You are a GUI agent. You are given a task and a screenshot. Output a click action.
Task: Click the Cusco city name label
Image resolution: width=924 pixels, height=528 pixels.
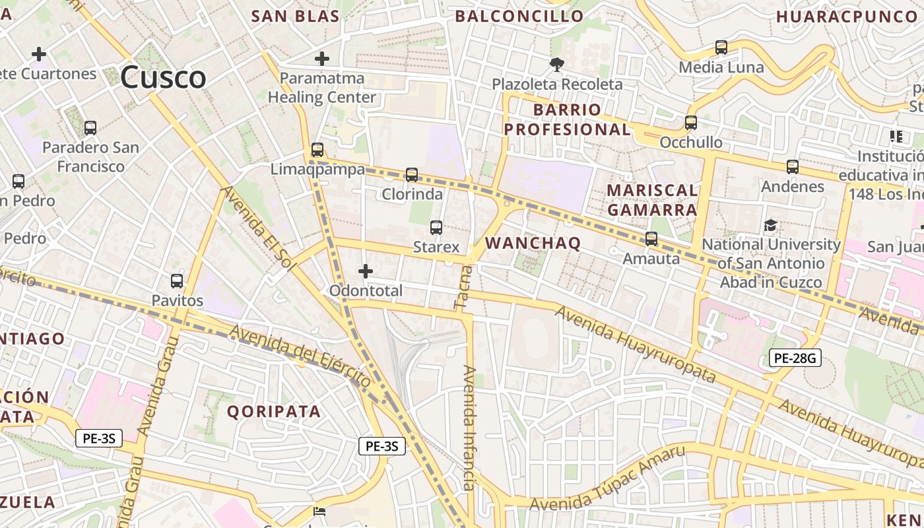click(x=163, y=77)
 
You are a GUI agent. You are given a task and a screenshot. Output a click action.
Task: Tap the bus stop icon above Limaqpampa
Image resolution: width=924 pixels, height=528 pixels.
click(x=317, y=150)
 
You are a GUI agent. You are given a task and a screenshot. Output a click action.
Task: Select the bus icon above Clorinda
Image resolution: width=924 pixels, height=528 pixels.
click(x=412, y=175)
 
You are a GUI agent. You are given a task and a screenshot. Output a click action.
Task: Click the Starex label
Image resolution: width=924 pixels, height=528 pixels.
click(x=436, y=247)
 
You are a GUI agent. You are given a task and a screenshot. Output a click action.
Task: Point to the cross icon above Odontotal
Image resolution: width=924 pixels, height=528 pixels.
click(x=365, y=271)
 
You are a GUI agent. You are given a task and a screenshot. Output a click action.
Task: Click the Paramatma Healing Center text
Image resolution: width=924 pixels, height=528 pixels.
click(x=321, y=88)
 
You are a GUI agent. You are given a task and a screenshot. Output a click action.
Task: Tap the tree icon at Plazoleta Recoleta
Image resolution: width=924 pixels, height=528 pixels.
click(x=556, y=64)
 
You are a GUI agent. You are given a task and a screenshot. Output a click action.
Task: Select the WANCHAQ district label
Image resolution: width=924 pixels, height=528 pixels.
click(x=533, y=243)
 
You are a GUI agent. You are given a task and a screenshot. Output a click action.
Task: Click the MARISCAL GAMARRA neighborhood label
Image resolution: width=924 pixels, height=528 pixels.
click(x=651, y=200)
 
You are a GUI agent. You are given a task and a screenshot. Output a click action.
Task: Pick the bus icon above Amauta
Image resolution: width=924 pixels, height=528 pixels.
click(x=651, y=239)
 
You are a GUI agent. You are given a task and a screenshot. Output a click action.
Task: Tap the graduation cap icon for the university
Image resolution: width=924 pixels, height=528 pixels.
click(x=770, y=226)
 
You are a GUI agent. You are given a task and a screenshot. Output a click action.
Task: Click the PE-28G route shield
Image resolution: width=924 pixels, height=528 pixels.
click(x=795, y=358)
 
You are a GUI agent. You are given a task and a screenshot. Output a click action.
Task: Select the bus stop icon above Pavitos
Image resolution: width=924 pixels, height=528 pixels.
click(x=177, y=281)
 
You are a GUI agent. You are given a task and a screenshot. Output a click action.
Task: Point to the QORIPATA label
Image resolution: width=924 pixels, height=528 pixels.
click(x=274, y=412)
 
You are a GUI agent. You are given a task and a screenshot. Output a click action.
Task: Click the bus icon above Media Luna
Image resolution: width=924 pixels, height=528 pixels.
click(x=721, y=48)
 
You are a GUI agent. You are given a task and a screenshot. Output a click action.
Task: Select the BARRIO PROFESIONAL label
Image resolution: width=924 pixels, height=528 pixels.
click(x=567, y=119)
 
